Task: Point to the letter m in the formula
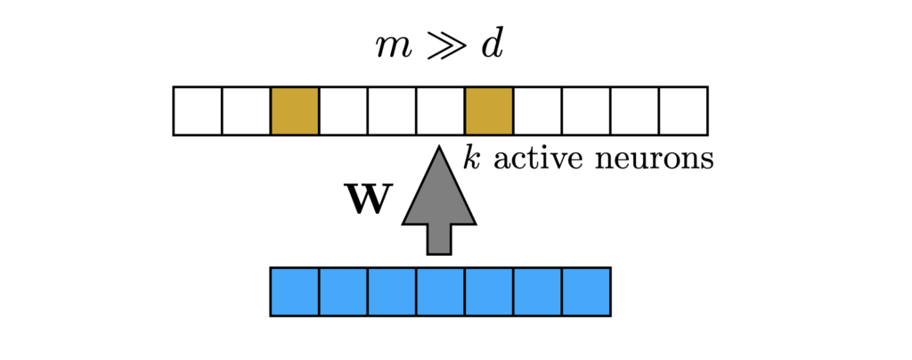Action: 394,45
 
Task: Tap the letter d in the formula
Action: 492,43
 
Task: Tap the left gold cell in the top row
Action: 295,110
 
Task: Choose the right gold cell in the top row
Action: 489,110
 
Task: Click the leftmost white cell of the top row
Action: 198,110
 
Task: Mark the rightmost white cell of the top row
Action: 683,110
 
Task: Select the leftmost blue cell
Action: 295,291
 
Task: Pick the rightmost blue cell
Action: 586,291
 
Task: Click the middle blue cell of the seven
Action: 440,291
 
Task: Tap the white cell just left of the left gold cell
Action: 246,110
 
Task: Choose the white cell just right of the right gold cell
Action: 538,110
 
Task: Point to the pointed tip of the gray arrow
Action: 440,150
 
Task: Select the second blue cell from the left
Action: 343,291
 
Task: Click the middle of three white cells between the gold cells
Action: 392,110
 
